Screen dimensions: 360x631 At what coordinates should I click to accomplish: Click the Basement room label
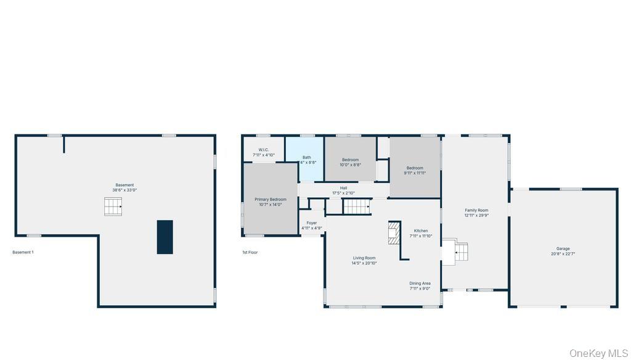click(x=124, y=187)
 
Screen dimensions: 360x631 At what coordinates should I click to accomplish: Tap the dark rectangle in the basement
click(x=165, y=237)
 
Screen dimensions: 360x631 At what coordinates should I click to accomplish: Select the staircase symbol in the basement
click(x=113, y=207)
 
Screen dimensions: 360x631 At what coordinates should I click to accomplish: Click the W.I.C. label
click(x=263, y=152)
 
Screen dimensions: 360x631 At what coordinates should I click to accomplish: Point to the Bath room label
click(x=307, y=160)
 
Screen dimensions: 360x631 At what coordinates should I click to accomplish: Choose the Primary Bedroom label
click(x=271, y=202)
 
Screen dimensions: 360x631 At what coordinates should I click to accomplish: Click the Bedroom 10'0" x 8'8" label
click(x=350, y=162)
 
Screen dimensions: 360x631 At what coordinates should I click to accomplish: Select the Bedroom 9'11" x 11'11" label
click(x=415, y=170)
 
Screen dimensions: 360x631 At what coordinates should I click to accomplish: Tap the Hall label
click(x=343, y=190)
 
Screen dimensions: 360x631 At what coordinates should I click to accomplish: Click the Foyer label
click(x=312, y=226)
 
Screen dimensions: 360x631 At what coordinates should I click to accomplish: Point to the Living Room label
click(x=364, y=260)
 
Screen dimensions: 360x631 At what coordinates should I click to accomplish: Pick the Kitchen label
click(x=421, y=233)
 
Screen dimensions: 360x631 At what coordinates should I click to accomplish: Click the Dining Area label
click(x=420, y=285)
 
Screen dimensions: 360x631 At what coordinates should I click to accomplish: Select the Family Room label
click(x=476, y=213)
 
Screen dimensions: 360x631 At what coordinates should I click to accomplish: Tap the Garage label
click(x=563, y=251)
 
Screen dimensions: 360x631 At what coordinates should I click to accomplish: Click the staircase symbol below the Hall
click(x=356, y=207)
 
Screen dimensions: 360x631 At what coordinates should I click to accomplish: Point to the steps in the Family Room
click(x=461, y=252)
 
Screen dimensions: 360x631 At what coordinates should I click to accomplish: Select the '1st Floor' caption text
click(x=250, y=252)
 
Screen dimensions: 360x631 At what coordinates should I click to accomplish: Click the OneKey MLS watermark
click(x=598, y=353)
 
